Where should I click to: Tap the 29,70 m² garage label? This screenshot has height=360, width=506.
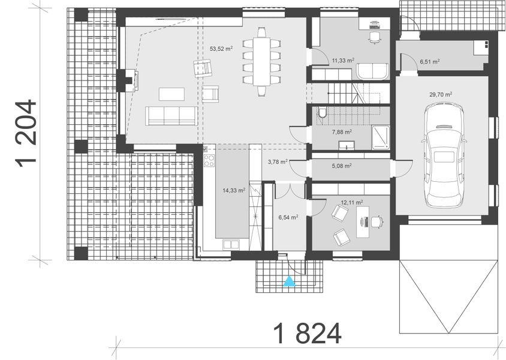coord(440,94)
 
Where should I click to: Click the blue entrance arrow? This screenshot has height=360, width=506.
coord(290,280)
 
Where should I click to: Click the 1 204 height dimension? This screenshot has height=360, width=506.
coord(26,136)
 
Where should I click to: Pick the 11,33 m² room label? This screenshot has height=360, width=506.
coord(343,60)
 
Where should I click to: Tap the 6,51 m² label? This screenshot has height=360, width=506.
coord(429,61)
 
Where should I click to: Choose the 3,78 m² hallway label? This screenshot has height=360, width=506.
coord(277,161)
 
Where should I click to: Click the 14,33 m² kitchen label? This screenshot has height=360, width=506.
coord(233,190)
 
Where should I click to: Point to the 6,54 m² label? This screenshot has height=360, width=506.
coord(287,217)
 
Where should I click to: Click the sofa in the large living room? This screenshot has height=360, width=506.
coord(171,116)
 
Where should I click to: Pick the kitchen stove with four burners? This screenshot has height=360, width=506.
coord(209,160)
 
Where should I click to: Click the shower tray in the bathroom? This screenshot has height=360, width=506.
coord(380,136)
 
